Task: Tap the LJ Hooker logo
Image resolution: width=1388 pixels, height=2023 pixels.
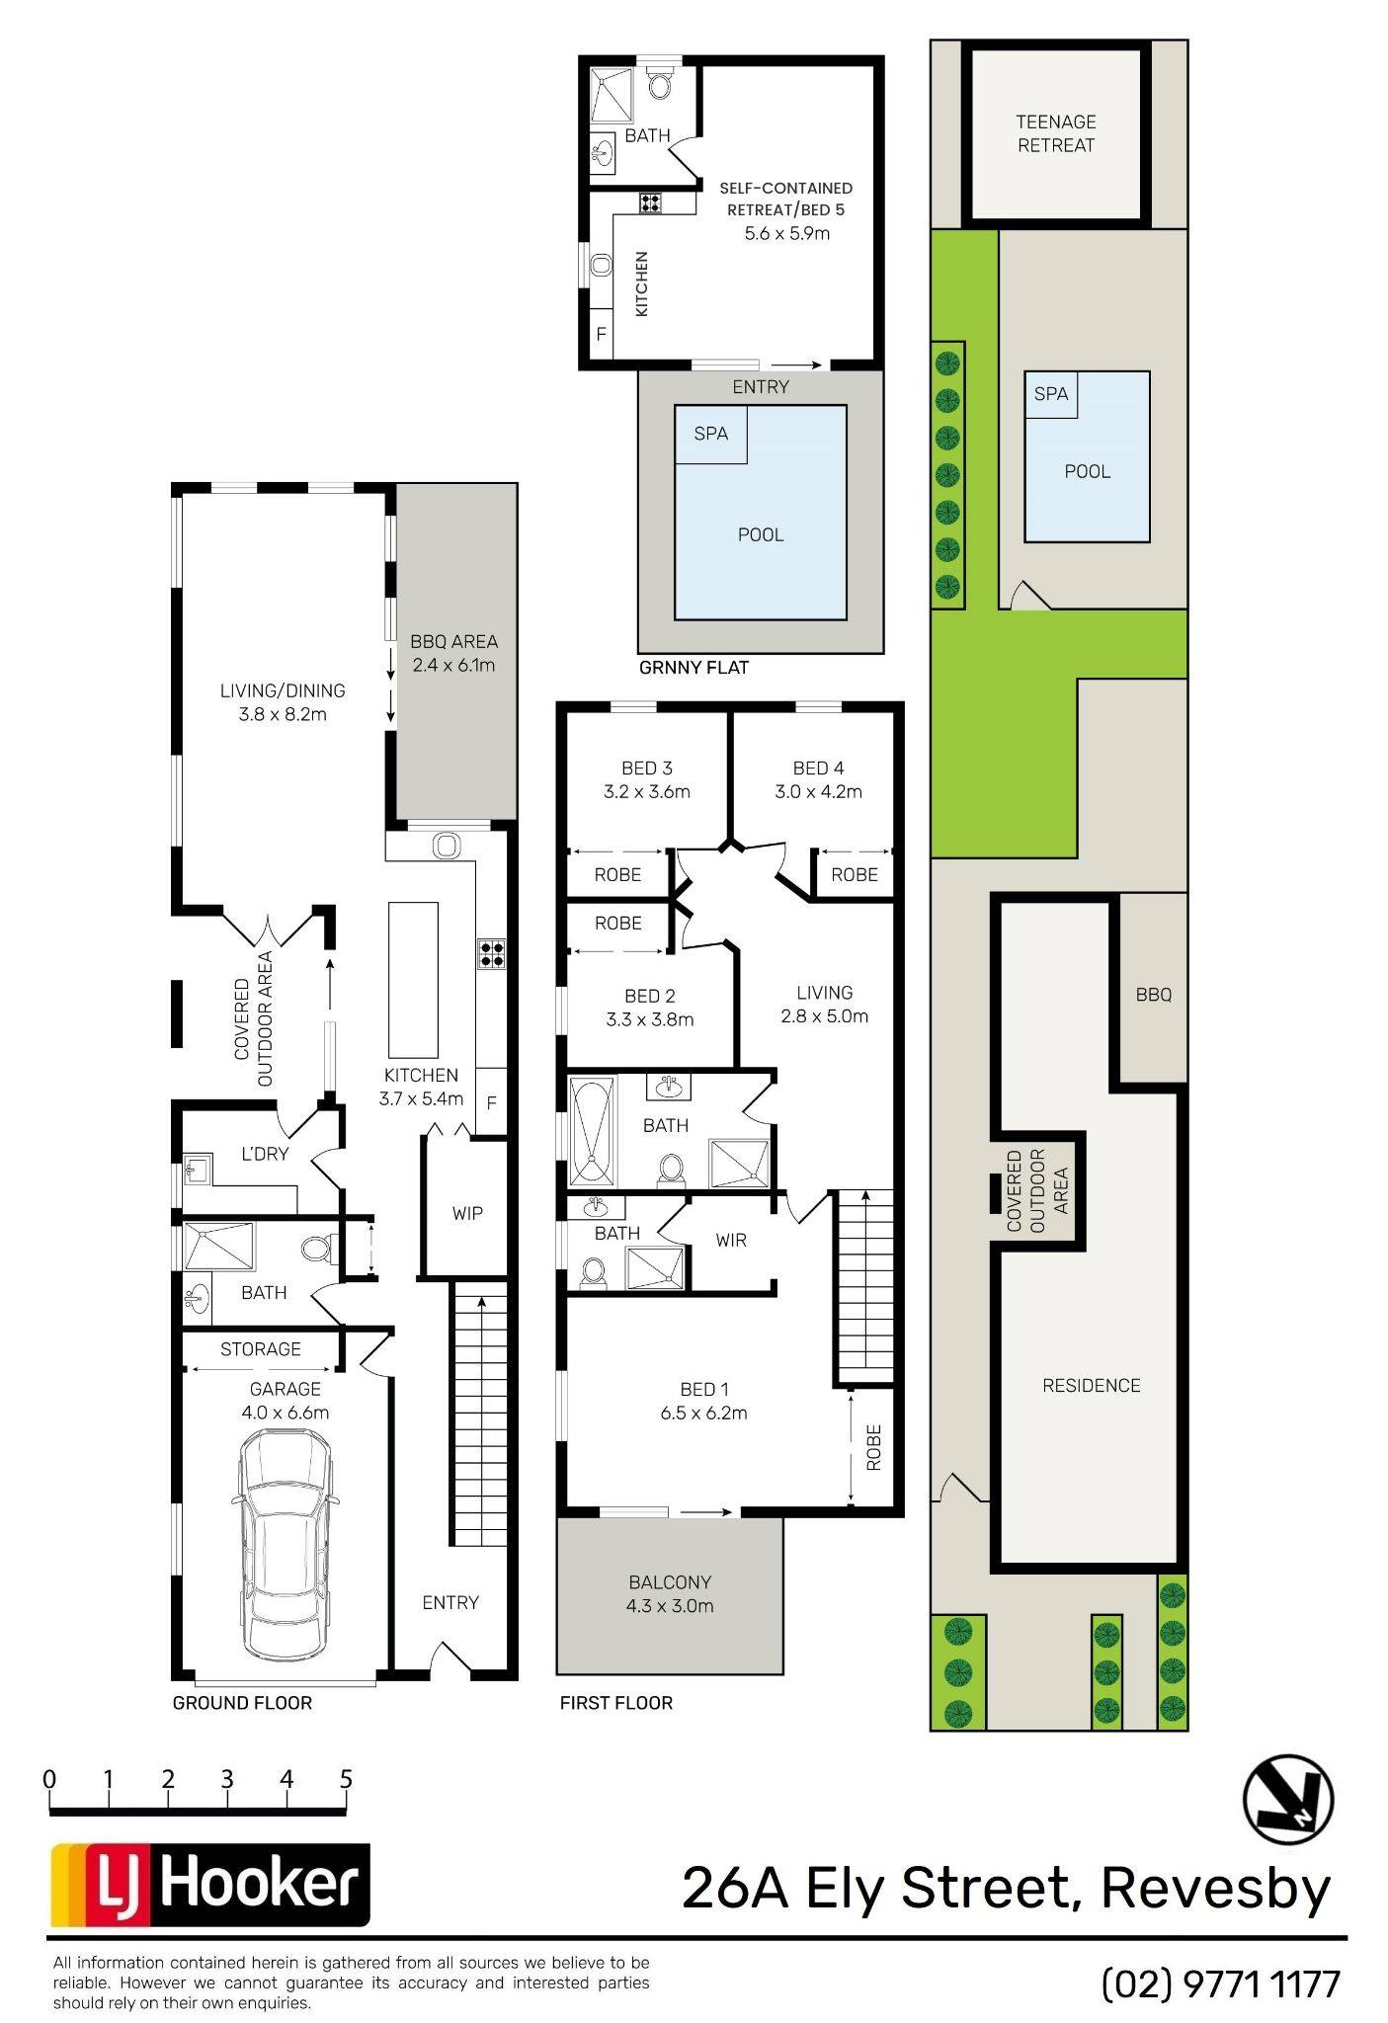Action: click(x=210, y=1885)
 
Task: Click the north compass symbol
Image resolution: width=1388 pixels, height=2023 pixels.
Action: click(x=1287, y=1799)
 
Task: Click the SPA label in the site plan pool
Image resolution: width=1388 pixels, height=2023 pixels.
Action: click(x=1051, y=393)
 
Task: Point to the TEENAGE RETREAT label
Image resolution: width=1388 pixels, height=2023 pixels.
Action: click(x=1056, y=133)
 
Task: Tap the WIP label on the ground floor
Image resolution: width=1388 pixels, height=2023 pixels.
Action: click(x=467, y=1213)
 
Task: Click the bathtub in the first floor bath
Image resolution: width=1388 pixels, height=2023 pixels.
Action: click(x=593, y=1132)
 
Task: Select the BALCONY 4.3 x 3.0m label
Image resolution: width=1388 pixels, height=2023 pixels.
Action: click(x=670, y=1593)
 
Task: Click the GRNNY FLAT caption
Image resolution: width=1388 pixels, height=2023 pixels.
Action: click(x=694, y=667)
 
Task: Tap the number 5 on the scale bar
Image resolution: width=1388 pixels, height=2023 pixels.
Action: click(x=346, y=1779)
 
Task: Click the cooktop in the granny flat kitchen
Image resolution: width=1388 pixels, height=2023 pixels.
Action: click(x=650, y=202)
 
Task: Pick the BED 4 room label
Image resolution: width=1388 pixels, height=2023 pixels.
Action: click(x=818, y=768)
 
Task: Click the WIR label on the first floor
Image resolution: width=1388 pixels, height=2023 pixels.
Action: click(x=731, y=1240)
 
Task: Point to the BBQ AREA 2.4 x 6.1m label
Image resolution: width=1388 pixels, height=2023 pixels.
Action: click(x=453, y=653)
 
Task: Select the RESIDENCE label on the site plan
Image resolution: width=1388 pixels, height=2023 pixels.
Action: click(x=1092, y=1385)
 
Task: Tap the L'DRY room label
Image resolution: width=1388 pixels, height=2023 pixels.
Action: click(x=265, y=1154)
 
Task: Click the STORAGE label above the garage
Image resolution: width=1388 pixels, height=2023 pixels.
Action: click(x=261, y=1348)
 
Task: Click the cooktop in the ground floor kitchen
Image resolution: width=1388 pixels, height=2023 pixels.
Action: click(x=492, y=952)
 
